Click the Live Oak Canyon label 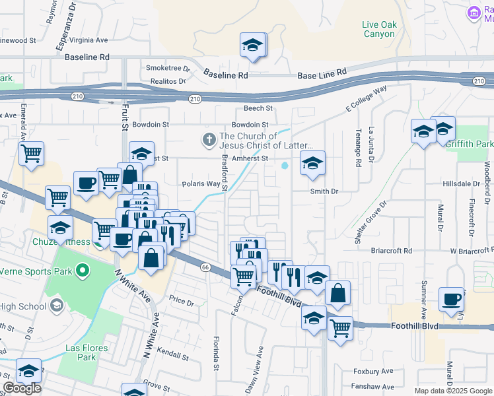tap(379, 29)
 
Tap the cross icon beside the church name tap(209, 140)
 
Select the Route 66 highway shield tap(205, 267)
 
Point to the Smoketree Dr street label tap(168, 68)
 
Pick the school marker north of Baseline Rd tap(252, 46)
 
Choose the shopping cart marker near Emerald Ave tap(31, 155)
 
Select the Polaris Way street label tap(201, 184)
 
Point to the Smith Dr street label tap(324, 191)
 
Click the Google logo tap(22, 388)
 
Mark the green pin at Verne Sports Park tap(83, 271)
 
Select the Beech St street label tap(258, 108)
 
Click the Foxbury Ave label tap(373, 372)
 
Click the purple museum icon tap(474, 13)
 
